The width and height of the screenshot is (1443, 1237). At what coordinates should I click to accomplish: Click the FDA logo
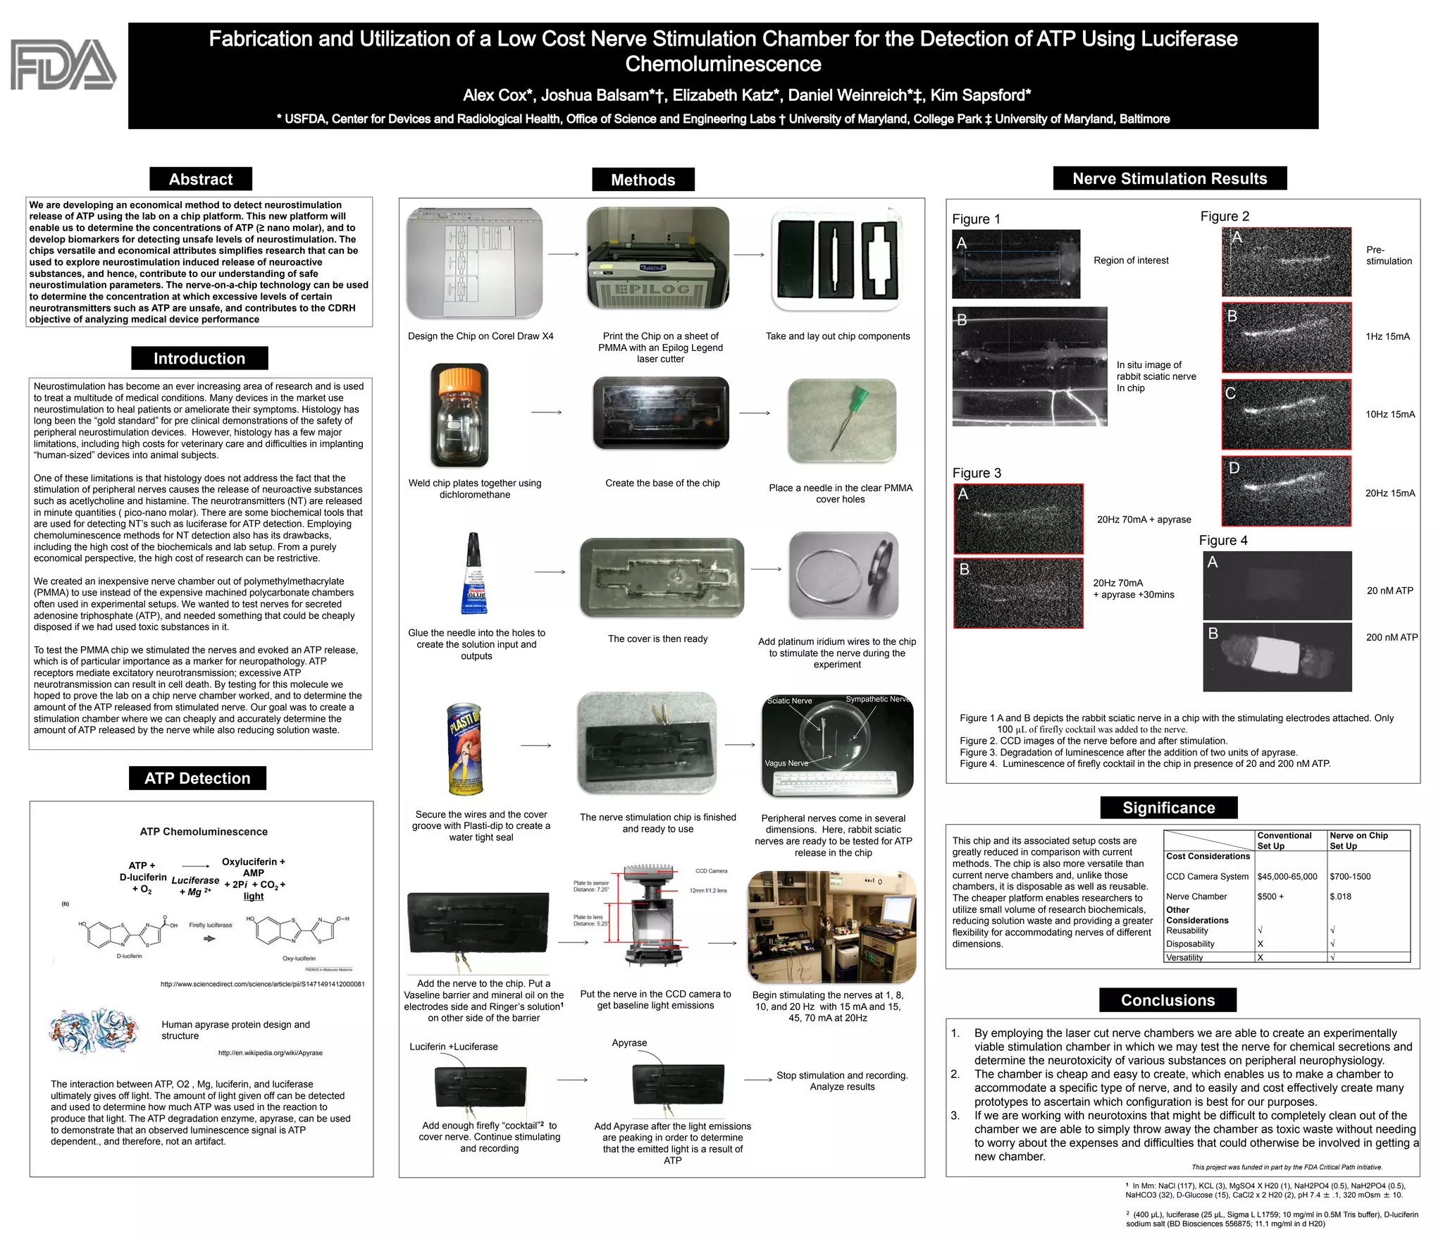tap(63, 65)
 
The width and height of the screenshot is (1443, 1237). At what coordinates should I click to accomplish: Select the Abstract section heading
tap(200, 179)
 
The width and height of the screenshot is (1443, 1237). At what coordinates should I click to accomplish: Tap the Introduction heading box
tap(199, 358)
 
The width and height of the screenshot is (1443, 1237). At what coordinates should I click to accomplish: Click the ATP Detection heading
tap(197, 778)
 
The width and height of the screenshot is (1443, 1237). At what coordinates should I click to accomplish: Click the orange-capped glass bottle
tap(459, 415)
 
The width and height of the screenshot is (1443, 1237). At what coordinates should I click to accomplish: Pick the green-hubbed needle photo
tap(842, 421)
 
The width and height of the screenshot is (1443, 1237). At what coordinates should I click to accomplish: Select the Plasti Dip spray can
tap(465, 749)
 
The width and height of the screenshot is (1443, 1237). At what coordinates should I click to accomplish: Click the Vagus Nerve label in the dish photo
tap(786, 763)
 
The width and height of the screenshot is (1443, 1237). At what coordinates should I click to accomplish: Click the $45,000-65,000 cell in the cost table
tap(1287, 877)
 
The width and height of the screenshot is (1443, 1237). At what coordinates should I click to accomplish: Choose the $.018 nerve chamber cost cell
tap(1340, 897)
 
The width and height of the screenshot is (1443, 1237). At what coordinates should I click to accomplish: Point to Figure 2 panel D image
tap(1286, 491)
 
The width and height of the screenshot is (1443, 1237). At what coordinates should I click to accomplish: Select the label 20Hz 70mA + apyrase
tap(1144, 519)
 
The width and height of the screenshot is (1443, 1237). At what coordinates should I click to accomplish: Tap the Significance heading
tap(1168, 808)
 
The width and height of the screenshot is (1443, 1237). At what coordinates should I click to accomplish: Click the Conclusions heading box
tap(1168, 1000)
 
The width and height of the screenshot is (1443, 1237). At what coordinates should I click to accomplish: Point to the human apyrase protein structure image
tap(94, 1030)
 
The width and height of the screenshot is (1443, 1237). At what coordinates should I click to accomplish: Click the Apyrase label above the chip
tap(629, 1042)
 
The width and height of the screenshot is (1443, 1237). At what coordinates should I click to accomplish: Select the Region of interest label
tap(1130, 260)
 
